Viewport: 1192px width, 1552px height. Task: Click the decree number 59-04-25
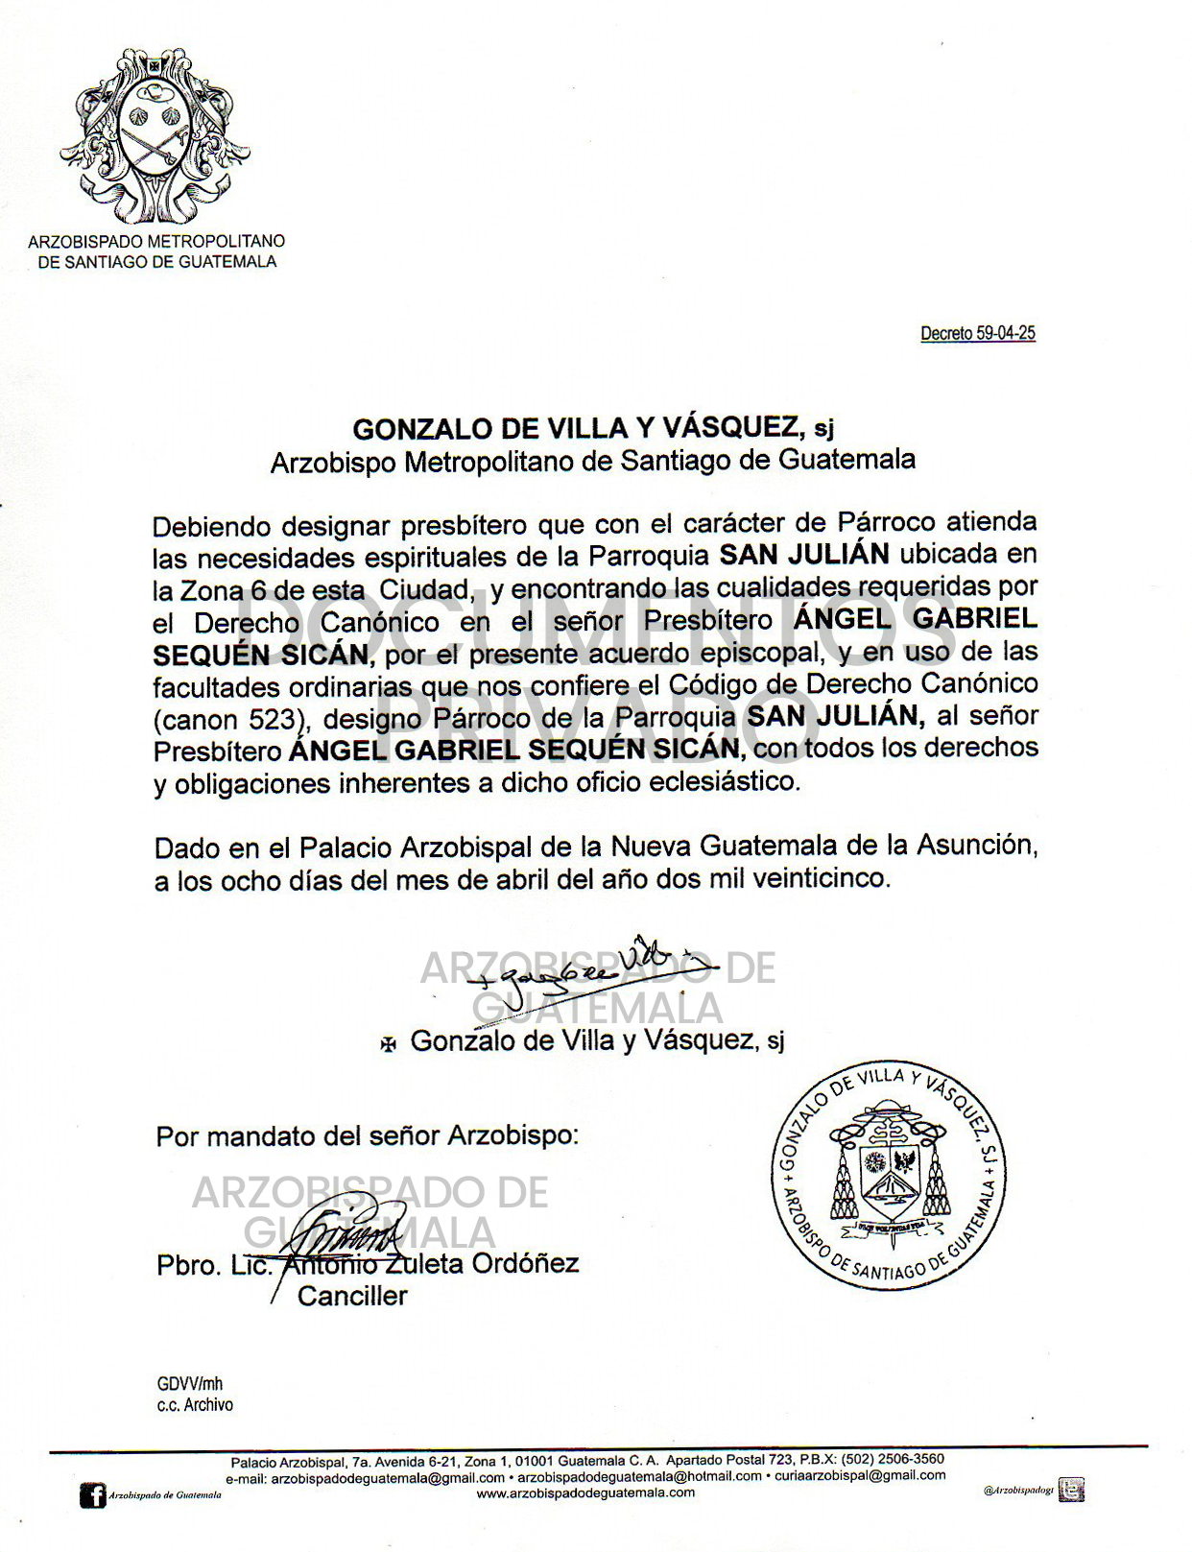(977, 333)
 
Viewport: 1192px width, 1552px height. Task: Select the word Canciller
(352, 1296)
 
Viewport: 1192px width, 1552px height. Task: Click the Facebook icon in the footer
(92, 1494)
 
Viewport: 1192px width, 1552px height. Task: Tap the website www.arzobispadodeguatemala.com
(585, 1492)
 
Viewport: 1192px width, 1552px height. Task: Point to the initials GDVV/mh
(190, 1383)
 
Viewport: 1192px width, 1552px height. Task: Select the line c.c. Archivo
(195, 1404)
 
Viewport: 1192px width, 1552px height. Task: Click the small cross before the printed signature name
(388, 1044)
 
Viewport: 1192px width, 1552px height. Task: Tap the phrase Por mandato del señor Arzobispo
(367, 1136)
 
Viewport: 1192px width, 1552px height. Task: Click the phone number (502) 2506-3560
(893, 1460)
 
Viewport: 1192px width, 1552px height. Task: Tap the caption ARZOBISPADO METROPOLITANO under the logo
(156, 242)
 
